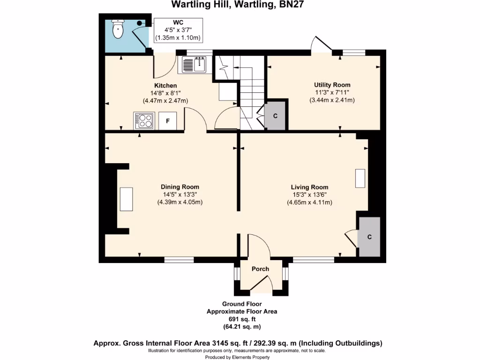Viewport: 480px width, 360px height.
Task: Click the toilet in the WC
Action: [118, 30]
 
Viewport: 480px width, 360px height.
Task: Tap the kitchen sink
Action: [195, 65]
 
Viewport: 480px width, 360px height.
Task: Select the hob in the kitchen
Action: [144, 120]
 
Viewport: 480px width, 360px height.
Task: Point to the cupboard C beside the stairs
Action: [275, 115]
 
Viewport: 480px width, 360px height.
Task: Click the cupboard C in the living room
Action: [369, 237]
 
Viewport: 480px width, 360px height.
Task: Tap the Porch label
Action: [261, 269]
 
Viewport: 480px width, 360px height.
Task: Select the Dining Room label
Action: [180, 187]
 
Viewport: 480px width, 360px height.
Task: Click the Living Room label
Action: [309, 187]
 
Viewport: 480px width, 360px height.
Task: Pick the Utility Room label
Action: [332, 85]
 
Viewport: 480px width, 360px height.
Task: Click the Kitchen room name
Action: [165, 85]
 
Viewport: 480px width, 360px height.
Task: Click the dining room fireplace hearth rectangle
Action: [126, 199]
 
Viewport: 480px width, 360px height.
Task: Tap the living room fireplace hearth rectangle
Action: [360, 178]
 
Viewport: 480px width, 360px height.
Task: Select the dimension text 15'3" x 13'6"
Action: [309, 195]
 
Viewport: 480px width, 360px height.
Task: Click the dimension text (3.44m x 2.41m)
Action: [332, 100]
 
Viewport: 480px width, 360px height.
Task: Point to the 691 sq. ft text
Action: [242, 319]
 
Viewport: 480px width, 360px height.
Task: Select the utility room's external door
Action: [322, 45]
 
